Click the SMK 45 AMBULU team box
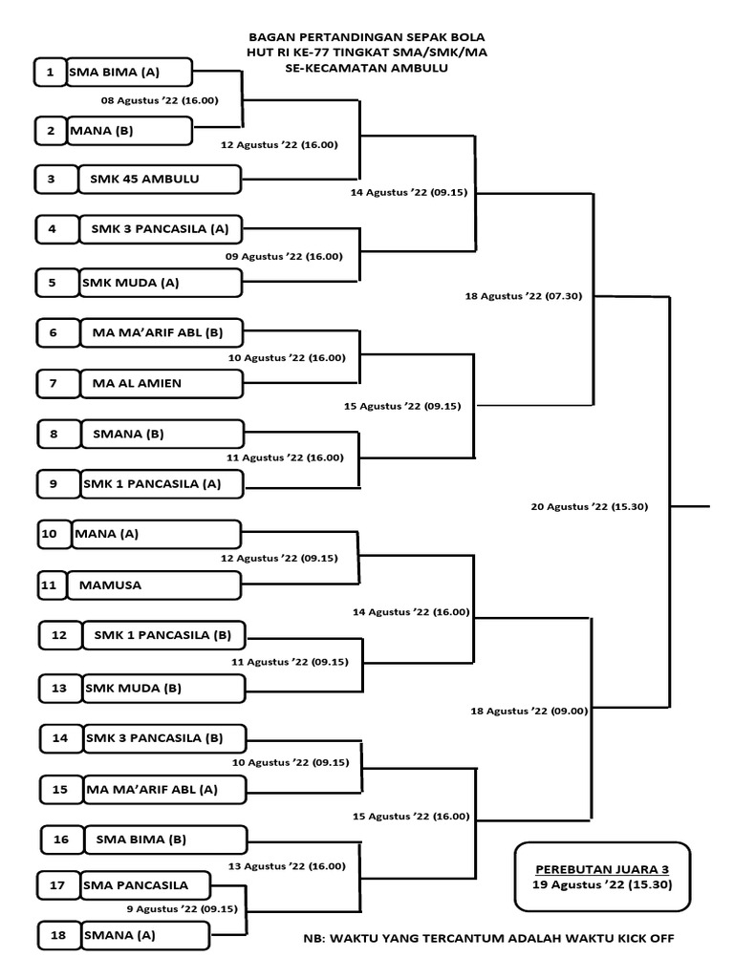coord(160,179)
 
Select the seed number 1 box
coord(50,72)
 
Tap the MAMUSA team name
coord(110,585)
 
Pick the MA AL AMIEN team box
coord(162,384)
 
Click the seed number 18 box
coord(58,935)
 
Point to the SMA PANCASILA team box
coord(145,885)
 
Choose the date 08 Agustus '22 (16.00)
coord(160,100)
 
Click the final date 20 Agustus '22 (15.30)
coord(589,506)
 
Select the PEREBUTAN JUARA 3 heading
coord(602,869)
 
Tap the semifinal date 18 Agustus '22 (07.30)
coord(523,296)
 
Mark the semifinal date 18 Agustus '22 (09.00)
coord(529,711)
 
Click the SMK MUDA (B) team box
coord(164,689)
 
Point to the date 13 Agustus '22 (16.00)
coord(287,865)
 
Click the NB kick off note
coord(488,938)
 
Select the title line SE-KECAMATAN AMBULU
coord(366,68)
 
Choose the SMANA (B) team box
coord(162,435)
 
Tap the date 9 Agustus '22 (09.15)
coord(183,909)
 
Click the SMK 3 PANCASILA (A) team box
coord(161,229)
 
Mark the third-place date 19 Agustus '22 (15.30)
coord(602,884)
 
